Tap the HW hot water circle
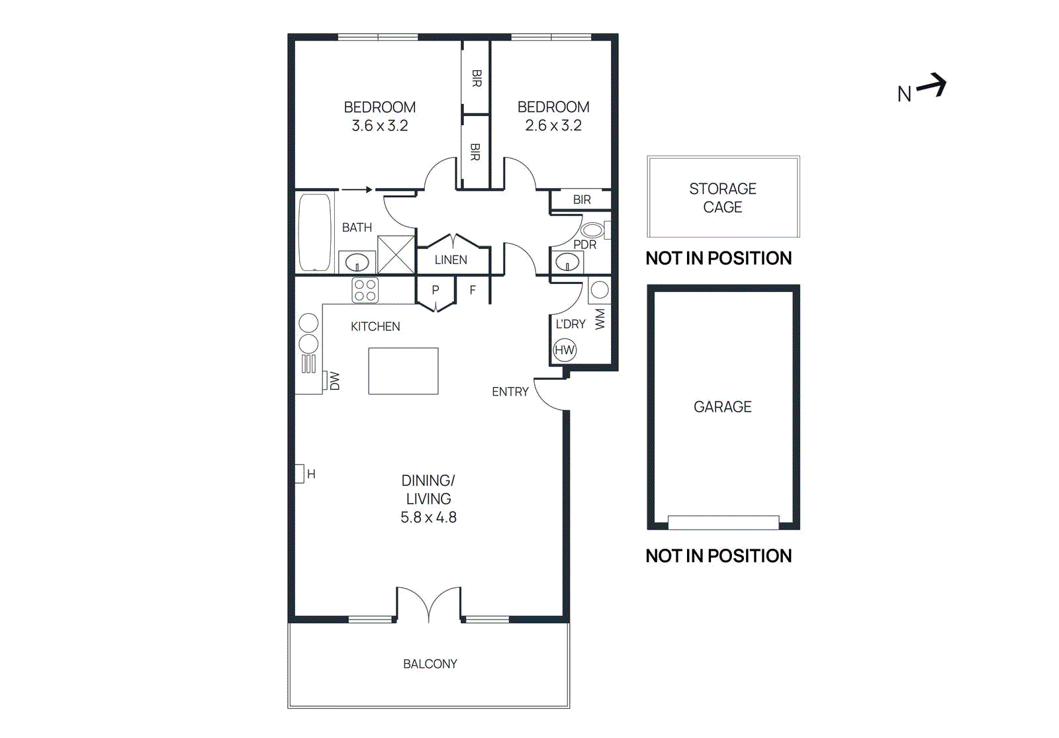[565, 350]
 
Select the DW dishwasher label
[335, 381]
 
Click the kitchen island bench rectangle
[403, 371]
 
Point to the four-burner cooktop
[365, 290]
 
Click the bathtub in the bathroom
[314, 232]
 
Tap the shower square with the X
[396, 254]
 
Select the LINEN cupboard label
[451, 260]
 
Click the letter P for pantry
[436, 290]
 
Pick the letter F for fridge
[473, 290]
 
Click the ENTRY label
[510, 392]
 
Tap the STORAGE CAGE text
[723, 198]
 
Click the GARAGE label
[723, 407]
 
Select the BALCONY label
[430, 664]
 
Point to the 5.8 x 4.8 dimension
[429, 518]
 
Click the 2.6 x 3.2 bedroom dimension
[553, 126]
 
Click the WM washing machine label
[600, 319]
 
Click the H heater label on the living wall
[311, 474]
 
